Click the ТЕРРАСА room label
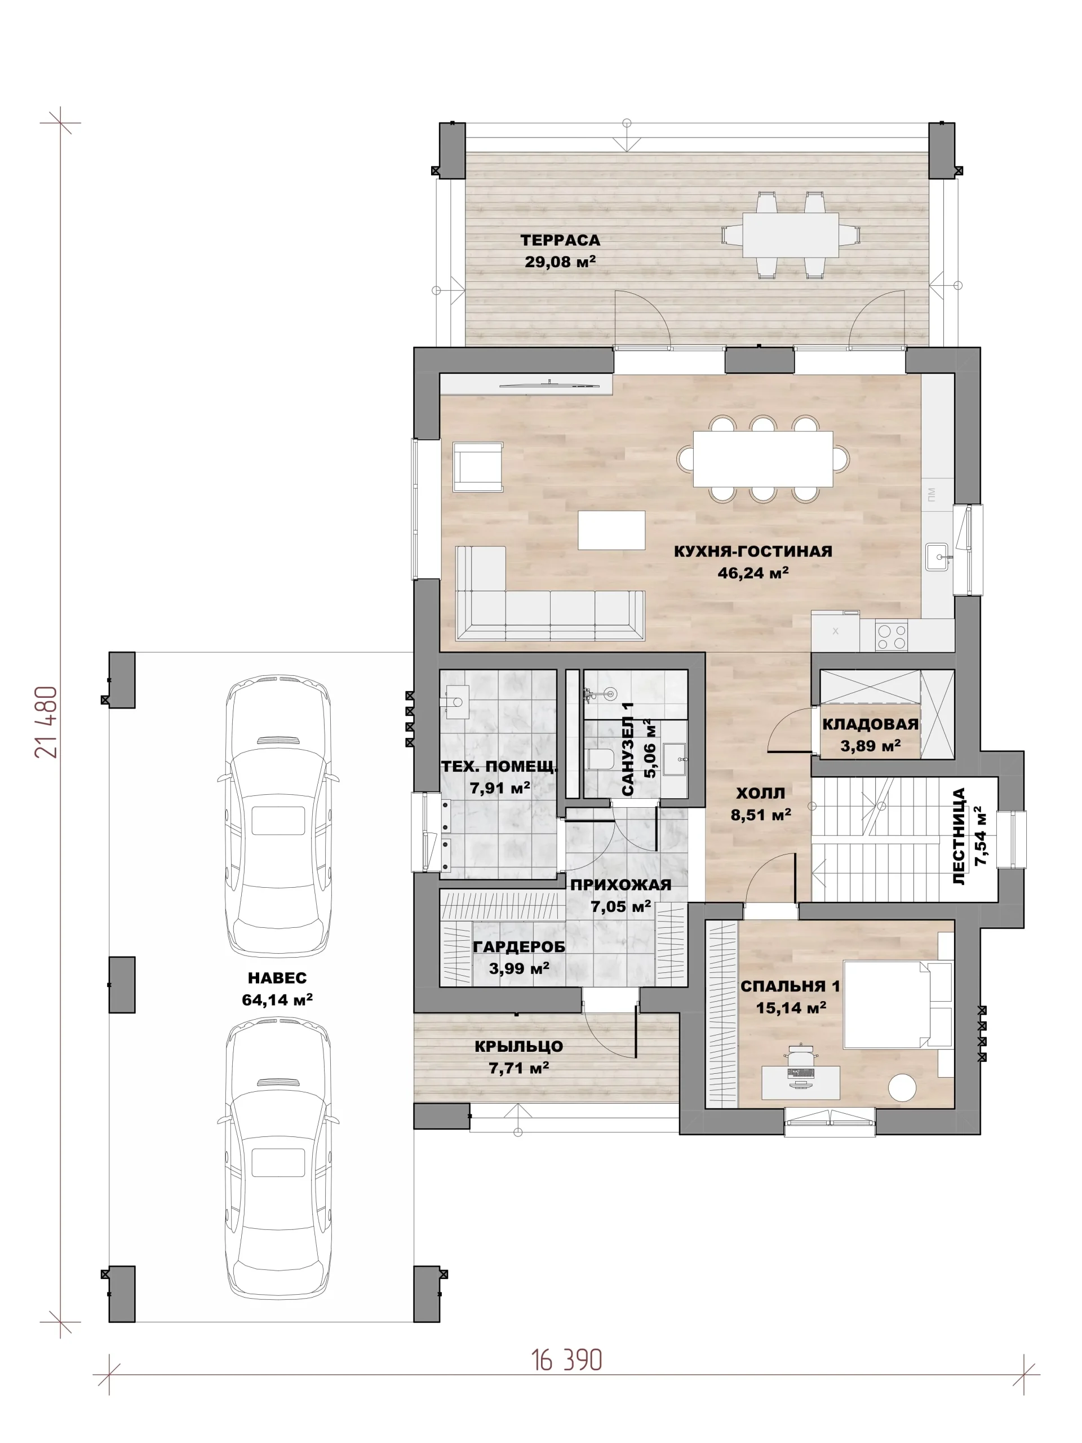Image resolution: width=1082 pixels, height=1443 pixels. coord(560,240)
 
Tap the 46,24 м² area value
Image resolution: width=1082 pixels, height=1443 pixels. coord(753,573)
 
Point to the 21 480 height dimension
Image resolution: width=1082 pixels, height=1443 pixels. coord(46,721)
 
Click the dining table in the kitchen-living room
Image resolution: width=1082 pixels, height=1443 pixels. coord(762,459)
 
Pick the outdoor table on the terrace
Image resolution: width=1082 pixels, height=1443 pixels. coord(791,235)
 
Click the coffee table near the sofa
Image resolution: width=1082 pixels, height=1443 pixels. coord(611,530)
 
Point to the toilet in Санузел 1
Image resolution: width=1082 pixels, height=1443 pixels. coord(600,759)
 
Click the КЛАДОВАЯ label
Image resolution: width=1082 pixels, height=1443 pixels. coord(870,724)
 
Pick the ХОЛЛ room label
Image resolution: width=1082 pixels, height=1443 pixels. coord(760,793)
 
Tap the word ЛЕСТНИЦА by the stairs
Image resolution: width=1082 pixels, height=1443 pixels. coord(959,837)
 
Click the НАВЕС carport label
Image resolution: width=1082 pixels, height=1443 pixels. coord(277,978)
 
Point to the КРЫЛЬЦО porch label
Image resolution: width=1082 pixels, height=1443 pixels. coord(518,1046)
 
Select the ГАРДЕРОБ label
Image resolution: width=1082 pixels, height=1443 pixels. coord(518,946)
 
